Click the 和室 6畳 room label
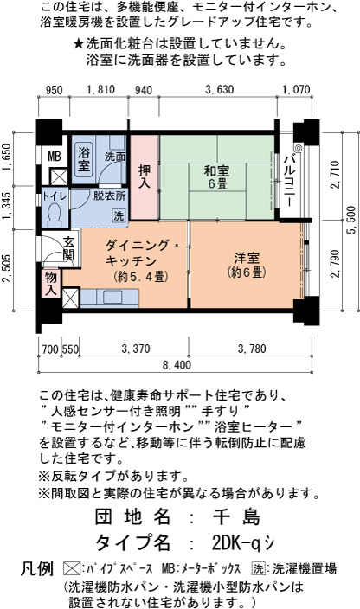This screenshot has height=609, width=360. tap(217, 176)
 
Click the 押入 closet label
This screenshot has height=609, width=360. tap(145, 176)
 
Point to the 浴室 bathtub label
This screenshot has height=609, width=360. tap(84, 158)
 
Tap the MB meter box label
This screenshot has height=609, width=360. tap(55, 156)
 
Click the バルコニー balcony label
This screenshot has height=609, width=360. tap(289, 181)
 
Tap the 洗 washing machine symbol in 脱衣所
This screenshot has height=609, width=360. tap(119, 216)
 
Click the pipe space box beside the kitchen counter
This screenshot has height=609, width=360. tap(71, 298)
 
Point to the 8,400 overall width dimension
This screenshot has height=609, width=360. tap(177, 365)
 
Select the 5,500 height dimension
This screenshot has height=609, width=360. tap(352, 221)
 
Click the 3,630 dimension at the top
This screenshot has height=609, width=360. tap(220, 90)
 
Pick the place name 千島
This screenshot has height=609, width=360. tap(237, 516)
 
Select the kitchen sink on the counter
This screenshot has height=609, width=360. tap(112, 298)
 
